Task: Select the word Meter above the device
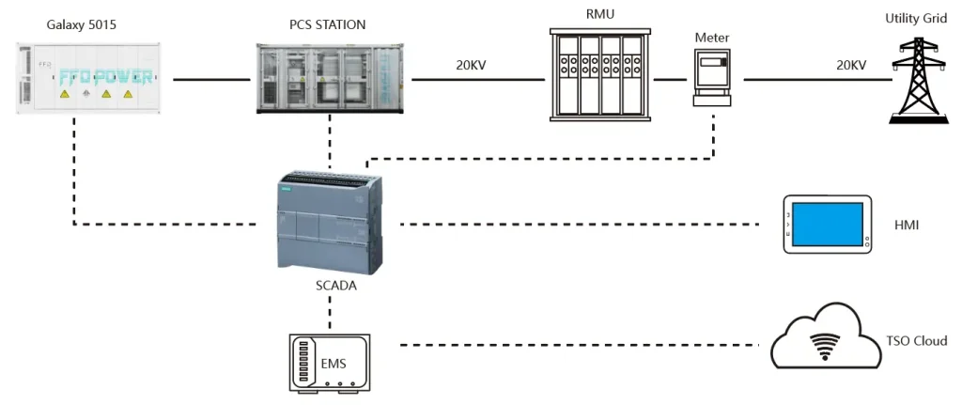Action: tap(711, 37)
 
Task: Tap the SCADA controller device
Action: tap(328, 223)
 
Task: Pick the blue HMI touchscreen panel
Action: tap(828, 225)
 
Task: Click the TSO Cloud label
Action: tap(917, 341)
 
